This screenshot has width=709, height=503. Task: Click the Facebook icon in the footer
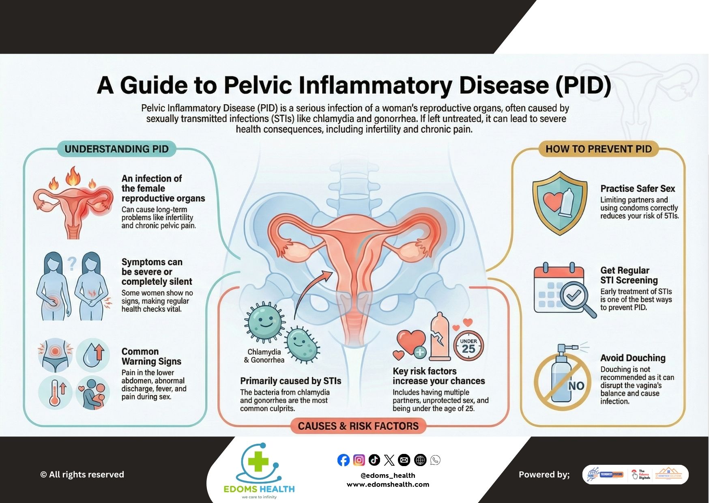pos(343,460)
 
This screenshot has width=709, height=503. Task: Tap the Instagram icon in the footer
pos(359,460)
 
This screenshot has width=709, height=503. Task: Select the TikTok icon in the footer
pos(374,460)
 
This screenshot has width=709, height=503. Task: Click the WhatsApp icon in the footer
pos(435,460)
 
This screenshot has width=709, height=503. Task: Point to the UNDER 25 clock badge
pos(468,346)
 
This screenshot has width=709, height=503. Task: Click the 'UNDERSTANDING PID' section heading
pos(116,149)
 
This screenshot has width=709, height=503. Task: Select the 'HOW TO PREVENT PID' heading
pos(598,149)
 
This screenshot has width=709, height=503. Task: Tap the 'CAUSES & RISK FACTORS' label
pos(358,426)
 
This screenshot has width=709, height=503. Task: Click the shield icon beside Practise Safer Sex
pos(559,203)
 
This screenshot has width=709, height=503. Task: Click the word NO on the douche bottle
pos(576,386)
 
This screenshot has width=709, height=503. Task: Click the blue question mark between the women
pos(72,264)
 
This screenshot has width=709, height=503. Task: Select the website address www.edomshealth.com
pos(388,484)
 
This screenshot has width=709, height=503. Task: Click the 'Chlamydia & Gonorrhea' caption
pos(264,356)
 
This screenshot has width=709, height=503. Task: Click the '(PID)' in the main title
pos(583,85)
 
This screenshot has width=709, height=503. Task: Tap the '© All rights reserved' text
pos(82,475)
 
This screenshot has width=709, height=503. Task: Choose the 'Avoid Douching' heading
pos(633,358)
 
